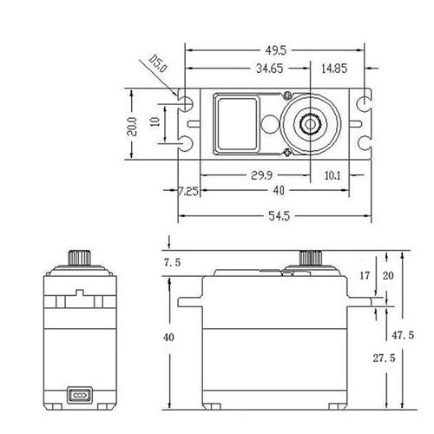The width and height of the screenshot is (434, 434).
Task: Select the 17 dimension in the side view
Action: (x=365, y=274)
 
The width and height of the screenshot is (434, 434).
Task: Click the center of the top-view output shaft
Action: (x=308, y=123)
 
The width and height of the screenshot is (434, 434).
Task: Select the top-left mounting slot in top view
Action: (x=185, y=102)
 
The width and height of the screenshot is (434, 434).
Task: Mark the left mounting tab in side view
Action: (x=189, y=302)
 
